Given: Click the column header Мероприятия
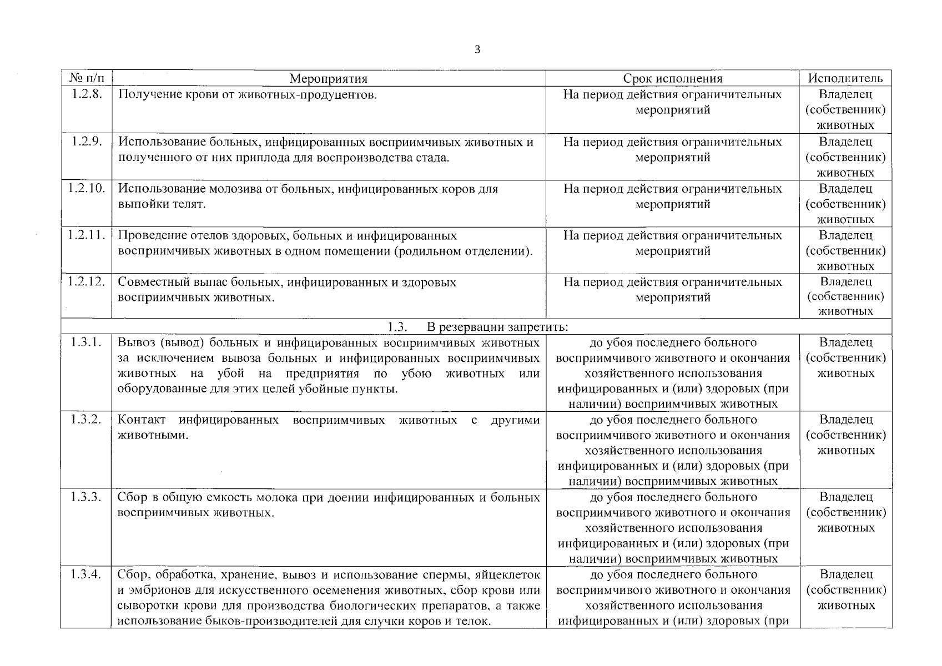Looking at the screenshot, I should coord(329,79).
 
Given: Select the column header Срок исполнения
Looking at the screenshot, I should coord(672,79).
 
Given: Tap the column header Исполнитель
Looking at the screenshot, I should coord(845,79).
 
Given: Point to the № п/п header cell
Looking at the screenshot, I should coord(86,78).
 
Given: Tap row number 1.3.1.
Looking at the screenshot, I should coord(86,342).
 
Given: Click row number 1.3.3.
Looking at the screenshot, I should coord(86,497).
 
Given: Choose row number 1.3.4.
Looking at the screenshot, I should coord(86,574).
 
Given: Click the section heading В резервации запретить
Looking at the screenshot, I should coord(497,326).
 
